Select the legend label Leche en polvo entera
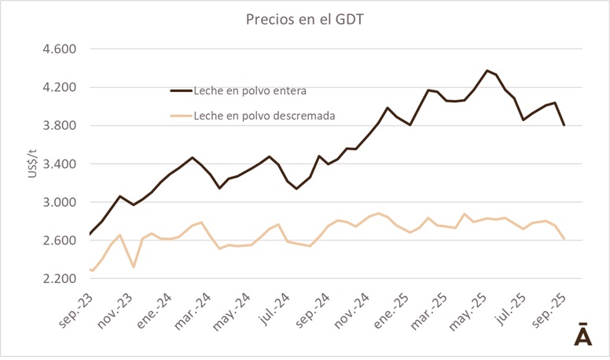(x=251, y=90)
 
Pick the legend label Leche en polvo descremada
(x=264, y=116)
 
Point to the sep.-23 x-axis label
(x=75, y=308)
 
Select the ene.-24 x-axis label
(x=155, y=308)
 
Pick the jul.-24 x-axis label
(x=272, y=308)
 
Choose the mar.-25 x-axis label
(x=428, y=308)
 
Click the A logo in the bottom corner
(x=582, y=333)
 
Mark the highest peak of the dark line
(x=487, y=71)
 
